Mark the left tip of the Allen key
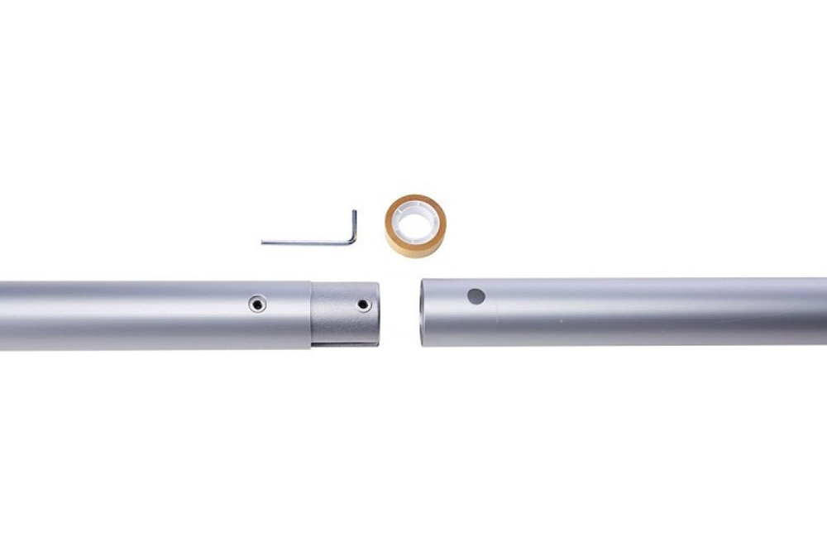pyautogui.click(x=263, y=242)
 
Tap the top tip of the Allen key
pyautogui.click(x=354, y=212)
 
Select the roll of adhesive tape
pyautogui.click(x=415, y=226)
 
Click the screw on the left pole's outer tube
pyautogui.click(x=258, y=305)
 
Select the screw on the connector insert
pyautogui.click(x=364, y=305)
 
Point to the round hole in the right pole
pyautogui.click(x=476, y=295)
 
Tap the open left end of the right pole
pyautogui.click(x=423, y=312)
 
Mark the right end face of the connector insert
pyautogui.click(x=378, y=313)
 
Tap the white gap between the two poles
pyautogui.click(x=400, y=313)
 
